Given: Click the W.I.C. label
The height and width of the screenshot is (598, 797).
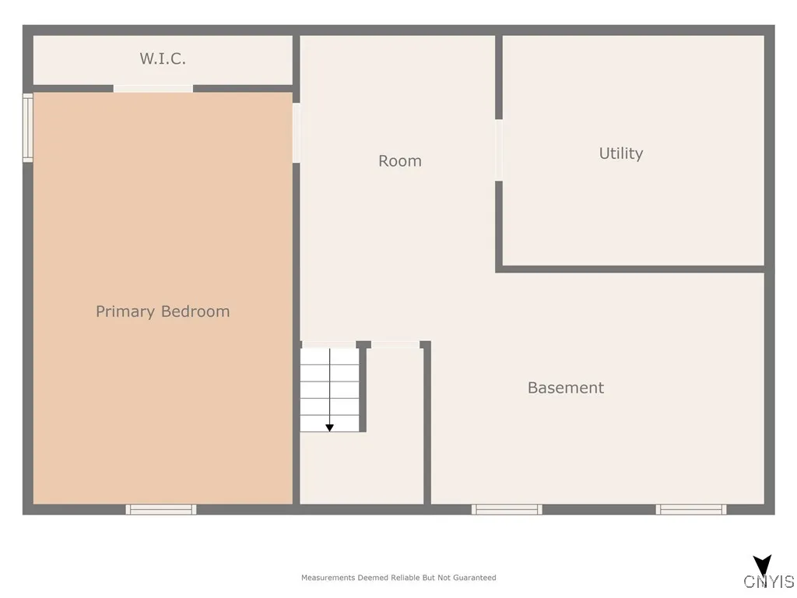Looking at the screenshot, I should (163, 58).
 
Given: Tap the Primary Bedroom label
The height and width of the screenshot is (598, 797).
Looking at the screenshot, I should (163, 311).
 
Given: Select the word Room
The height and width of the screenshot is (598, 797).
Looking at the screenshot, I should (400, 161).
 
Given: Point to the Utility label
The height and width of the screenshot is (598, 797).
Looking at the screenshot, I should (621, 153).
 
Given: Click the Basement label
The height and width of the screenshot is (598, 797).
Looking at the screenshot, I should (566, 388).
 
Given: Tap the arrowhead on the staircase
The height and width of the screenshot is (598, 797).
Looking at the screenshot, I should (329, 427).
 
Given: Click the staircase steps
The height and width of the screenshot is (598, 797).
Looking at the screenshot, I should (330, 389).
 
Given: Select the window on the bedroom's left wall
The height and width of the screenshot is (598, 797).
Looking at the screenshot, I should (28, 128).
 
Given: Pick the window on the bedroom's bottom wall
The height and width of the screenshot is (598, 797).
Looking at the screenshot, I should (161, 509).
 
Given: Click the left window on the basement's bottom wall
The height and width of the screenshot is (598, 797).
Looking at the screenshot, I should (507, 509).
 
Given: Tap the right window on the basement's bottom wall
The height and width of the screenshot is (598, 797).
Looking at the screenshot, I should (691, 509).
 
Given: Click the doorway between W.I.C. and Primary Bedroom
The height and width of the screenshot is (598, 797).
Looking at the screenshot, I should (153, 89).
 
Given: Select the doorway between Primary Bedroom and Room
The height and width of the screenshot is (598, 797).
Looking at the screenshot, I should (296, 133).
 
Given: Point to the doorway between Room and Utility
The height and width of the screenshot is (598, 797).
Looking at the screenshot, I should (499, 150).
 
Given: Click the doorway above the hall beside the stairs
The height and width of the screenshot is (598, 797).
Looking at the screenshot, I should (395, 344).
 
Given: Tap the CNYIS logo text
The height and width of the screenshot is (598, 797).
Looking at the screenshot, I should (769, 582).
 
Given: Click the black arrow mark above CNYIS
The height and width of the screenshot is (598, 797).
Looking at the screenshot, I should (763, 565).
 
